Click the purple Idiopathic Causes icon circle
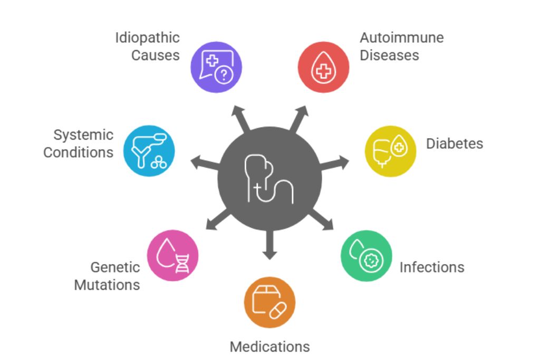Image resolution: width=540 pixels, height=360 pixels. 216,67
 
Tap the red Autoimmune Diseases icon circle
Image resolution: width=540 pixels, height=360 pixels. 323,67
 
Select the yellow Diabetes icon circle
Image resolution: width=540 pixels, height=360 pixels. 391,151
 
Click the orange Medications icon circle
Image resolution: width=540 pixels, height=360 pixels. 269,303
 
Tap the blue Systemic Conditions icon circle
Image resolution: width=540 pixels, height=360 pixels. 149,151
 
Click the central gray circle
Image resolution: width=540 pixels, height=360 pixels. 269,179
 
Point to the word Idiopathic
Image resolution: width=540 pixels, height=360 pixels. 147,38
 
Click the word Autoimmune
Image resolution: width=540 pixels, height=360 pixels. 401,38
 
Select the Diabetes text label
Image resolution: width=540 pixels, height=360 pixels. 454,143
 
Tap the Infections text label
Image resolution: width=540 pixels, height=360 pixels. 432,267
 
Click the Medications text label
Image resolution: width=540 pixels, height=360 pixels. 269,346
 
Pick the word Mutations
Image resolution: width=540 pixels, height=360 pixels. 107,285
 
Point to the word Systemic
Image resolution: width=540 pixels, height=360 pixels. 83,135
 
